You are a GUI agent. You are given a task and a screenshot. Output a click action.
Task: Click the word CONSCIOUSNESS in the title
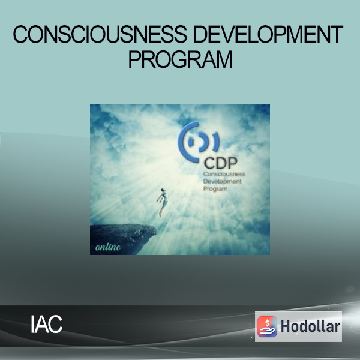click(x=100, y=34)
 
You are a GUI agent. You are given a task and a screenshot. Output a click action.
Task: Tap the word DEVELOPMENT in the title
click(x=268, y=34)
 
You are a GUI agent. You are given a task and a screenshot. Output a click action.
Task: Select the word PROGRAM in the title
click(x=181, y=59)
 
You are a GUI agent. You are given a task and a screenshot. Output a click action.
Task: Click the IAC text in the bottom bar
click(x=47, y=324)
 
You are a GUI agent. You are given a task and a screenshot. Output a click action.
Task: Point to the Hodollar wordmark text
click(x=310, y=326)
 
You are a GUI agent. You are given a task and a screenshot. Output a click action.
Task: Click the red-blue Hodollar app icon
click(x=267, y=326)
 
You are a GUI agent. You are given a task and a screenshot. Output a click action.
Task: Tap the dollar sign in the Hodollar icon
click(x=267, y=323)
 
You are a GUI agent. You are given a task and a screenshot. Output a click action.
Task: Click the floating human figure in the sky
click(x=163, y=202)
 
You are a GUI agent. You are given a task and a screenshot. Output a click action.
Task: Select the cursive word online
click(x=108, y=247)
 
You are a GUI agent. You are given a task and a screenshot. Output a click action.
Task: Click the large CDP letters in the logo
click(x=220, y=163)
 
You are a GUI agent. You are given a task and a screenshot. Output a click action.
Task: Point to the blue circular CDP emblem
click(x=198, y=142)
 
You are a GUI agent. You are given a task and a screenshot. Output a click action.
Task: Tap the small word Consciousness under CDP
click(x=224, y=174)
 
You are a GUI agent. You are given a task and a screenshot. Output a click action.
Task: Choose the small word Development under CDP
click(x=222, y=181)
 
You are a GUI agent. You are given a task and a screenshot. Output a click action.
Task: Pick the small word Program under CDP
click(x=215, y=189)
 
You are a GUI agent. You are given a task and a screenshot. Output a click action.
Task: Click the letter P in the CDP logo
click(x=232, y=163)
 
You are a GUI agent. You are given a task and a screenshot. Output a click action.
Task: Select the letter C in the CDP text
click(x=209, y=163)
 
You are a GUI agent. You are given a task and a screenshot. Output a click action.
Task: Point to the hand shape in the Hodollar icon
click(x=267, y=331)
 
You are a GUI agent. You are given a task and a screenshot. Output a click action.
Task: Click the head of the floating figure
click(x=163, y=190)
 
